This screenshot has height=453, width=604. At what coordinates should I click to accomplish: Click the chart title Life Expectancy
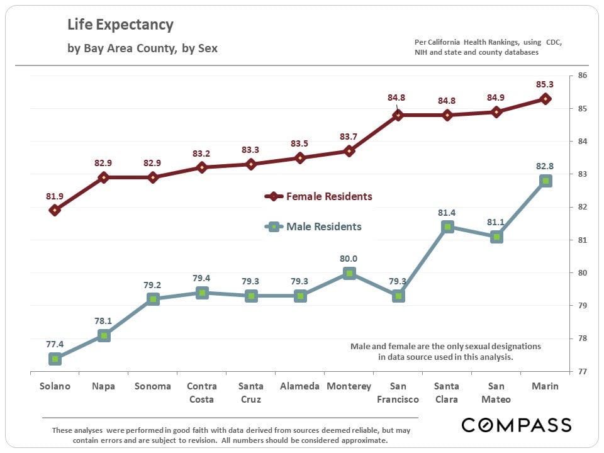tap(120, 25)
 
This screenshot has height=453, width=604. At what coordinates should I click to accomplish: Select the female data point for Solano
tap(55, 210)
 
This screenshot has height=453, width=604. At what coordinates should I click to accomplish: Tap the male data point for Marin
tap(545, 181)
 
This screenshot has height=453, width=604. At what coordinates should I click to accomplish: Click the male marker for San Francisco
tap(398, 296)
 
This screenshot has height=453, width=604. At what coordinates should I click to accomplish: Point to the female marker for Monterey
tap(349, 151)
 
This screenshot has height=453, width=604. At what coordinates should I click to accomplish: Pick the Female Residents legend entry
tap(319, 196)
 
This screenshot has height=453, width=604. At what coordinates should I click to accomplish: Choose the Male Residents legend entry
tap(314, 226)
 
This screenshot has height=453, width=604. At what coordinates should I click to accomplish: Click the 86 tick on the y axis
tap(582, 76)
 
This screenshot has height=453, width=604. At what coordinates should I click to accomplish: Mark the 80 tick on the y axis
tap(582, 273)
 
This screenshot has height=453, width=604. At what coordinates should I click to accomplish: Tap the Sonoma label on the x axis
tap(153, 386)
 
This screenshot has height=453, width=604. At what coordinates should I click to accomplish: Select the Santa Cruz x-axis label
tap(251, 393)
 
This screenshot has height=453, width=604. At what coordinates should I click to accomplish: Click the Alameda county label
tap(300, 386)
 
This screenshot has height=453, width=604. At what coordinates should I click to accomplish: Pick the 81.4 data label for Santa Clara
tap(447, 213)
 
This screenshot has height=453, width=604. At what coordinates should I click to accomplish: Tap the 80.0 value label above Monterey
tap(349, 258)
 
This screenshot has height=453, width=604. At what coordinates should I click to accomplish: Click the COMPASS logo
tap(516, 425)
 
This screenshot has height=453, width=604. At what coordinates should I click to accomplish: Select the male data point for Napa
tap(104, 336)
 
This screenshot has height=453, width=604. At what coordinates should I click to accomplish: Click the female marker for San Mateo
tap(496, 112)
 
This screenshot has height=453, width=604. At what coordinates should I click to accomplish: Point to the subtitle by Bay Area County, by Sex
tap(142, 48)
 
